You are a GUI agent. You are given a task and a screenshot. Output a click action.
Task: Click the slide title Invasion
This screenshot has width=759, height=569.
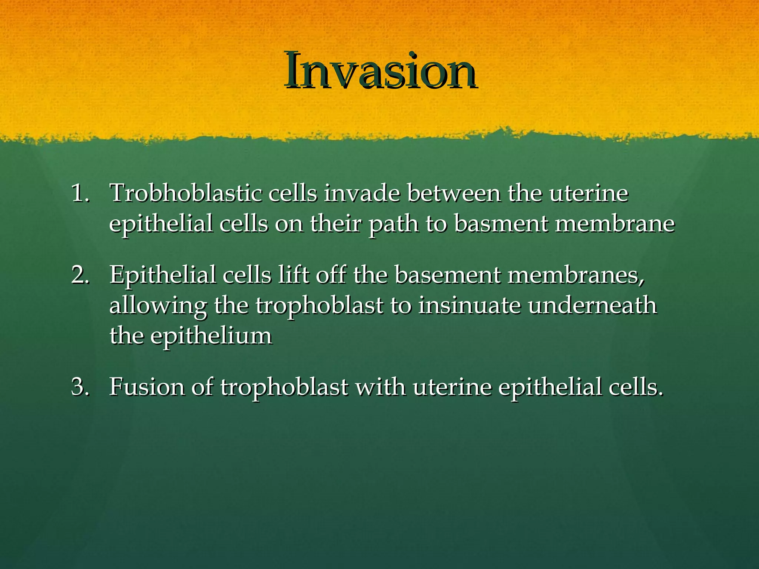pyautogui.click(x=380, y=70)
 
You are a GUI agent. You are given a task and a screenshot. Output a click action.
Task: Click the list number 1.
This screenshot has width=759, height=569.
pyautogui.click(x=80, y=193)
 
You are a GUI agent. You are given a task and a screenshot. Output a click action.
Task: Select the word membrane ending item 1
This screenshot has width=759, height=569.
pyautogui.click(x=615, y=224)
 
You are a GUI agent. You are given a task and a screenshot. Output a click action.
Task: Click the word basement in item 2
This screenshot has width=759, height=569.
pyautogui.click(x=447, y=275)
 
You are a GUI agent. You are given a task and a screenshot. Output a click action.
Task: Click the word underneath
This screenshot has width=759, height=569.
pyautogui.click(x=593, y=306)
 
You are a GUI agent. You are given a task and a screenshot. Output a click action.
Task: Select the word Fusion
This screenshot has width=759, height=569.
pyautogui.click(x=147, y=387)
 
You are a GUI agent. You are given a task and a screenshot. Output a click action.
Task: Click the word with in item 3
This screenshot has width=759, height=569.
pyautogui.click(x=380, y=387)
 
